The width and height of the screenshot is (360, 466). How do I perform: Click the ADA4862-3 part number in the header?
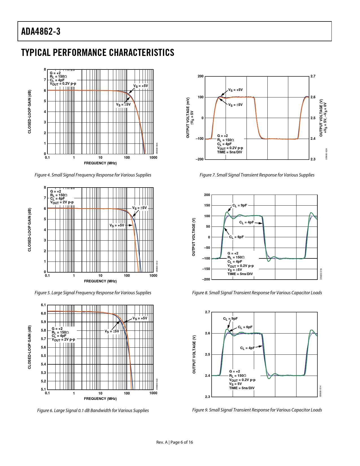coord(41,31)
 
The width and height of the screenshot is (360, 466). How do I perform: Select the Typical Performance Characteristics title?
coord(98,53)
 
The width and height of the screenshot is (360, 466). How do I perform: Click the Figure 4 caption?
coord(93,175)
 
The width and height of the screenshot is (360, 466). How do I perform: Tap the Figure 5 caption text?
coord(93,293)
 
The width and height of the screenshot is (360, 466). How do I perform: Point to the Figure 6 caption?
coord(93,411)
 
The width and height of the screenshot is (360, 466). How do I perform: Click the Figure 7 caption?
coord(257,175)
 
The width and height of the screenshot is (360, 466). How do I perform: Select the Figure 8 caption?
coord(257,293)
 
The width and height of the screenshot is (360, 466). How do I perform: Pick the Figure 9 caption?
coord(257,410)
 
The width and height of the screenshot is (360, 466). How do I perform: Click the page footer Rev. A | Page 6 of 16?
coord(175,442)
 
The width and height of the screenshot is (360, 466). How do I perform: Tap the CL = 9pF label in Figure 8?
coord(240,206)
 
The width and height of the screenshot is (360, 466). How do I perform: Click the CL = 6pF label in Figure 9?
coord(245,327)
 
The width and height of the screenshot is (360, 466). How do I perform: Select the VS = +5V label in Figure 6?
coord(140,318)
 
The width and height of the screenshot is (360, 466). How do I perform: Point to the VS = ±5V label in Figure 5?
coord(140,208)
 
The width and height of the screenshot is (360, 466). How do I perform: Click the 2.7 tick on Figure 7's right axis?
coord(313,76)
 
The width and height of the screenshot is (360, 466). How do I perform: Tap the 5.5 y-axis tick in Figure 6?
coord(43,356)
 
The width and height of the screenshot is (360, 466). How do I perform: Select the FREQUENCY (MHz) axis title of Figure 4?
coord(100,163)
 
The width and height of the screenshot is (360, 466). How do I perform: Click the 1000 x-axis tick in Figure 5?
coord(153,276)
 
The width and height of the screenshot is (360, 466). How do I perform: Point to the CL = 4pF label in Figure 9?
coord(247,348)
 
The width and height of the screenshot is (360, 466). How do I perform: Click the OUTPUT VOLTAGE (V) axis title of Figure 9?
coord(194,354)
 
